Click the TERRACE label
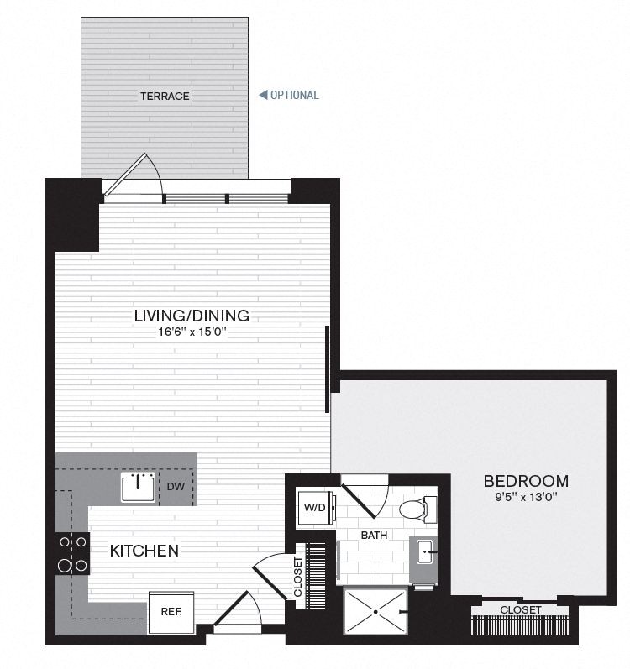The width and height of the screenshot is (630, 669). coord(165,96)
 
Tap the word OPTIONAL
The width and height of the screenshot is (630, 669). coord(295,95)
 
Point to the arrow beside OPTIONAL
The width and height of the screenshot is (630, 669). coord(263,95)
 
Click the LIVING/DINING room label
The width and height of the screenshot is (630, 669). coord(192,316)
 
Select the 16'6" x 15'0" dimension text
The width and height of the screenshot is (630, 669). coord(192,332)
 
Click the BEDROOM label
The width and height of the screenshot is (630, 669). coord(526,481)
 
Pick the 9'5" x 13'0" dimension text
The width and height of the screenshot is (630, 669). coord(526,497)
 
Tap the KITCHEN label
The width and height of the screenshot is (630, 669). coord(144,551)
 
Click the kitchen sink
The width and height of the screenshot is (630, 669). coord(138,487)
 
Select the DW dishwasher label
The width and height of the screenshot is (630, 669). coord(176,486)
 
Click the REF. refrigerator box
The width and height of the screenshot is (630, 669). coord(171,612)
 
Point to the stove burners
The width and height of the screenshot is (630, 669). coord(73,553)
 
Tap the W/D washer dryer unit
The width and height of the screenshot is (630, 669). coord(316,508)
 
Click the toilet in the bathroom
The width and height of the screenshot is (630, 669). coord(417,509)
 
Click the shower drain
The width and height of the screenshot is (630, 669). coord(375,612)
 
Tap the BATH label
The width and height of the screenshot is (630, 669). coord(375,535)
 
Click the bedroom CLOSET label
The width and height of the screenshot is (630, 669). coord(520,610)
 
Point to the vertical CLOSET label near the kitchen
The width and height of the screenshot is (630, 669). coord(298,577)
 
